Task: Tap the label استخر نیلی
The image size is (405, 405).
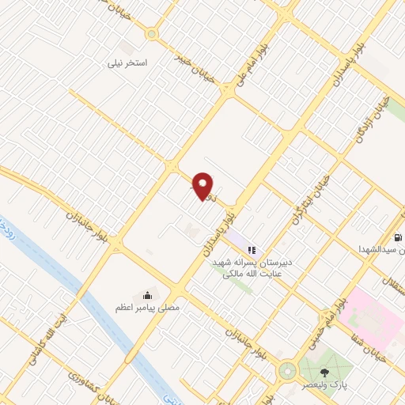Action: click(129, 61)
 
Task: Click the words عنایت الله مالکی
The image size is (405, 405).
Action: click(251, 273)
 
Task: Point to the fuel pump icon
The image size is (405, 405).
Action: click(396, 237)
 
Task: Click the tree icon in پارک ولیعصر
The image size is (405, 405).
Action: click(324, 371)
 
